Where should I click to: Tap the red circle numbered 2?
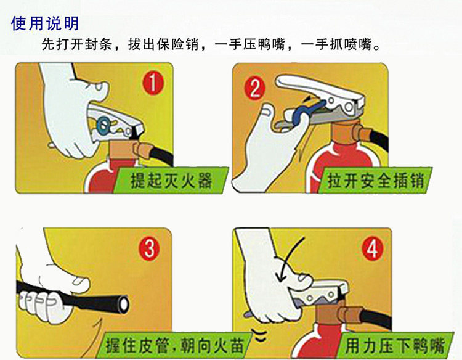[x=255, y=88]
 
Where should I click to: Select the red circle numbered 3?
[x=149, y=248]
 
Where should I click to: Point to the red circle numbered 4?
[x=373, y=249]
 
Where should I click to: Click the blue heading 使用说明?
[x=45, y=23]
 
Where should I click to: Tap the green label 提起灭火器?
[x=171, y=181]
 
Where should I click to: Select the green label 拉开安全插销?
[x=376, y=180]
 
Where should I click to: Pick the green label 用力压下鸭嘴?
[x=394, y=345]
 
